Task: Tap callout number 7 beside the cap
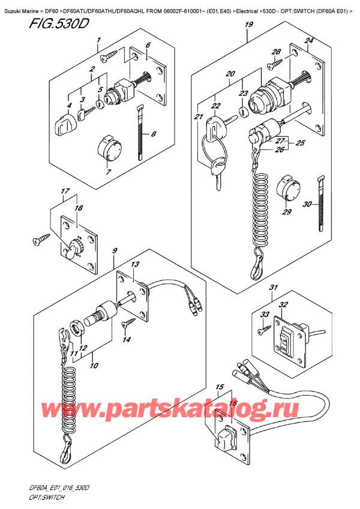point(108,173)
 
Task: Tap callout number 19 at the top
point(248,25)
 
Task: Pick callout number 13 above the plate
point(135,264)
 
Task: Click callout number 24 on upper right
point(310,41)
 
